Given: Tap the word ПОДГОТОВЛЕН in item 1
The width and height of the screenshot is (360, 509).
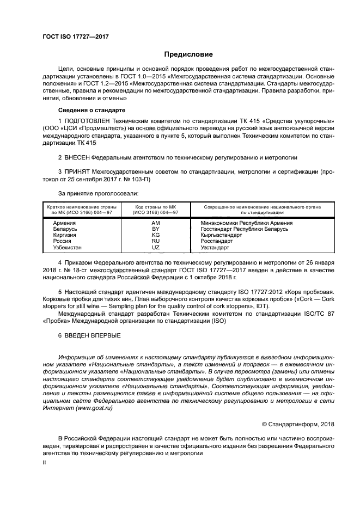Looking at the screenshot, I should coord(90,120).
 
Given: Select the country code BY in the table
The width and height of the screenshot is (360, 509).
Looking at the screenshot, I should coord(155,229).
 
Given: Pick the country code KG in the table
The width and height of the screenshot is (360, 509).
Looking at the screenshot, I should coord(155,235).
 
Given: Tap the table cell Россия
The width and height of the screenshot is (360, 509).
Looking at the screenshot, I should coord(56,241).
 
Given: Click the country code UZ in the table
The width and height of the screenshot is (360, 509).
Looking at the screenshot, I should coord(155,247).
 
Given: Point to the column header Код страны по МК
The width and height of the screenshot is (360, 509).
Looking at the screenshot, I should coord(155,207).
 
